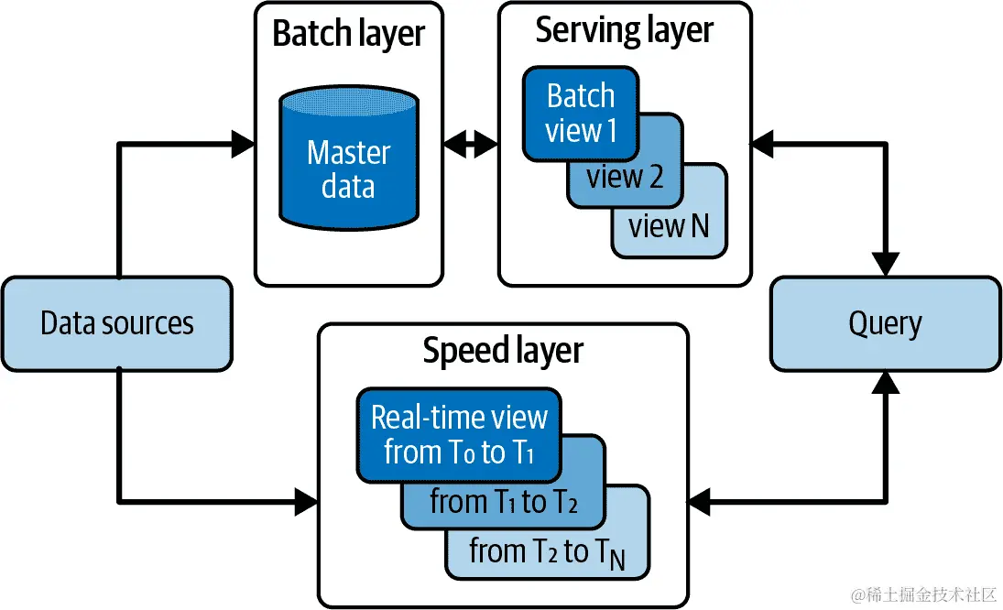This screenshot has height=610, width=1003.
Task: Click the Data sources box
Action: pos(117,323)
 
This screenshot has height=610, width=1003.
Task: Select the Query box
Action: pos(885,323)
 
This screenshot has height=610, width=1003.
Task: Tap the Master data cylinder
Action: pos(348,165)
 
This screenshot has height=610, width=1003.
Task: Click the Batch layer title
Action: pos(348,34)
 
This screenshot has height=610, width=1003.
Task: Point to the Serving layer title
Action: pos(624,30)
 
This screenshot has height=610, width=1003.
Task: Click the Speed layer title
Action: pos(502,351)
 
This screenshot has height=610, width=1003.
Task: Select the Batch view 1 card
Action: pos(580,114)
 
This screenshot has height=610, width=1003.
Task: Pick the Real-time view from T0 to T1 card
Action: pos(458,435)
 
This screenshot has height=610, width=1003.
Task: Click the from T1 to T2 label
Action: pos(504,503)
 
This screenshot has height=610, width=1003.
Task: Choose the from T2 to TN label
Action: pos(548,552)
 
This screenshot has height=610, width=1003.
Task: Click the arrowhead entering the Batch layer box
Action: pos(243,142)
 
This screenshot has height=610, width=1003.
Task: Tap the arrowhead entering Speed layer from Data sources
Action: pos(306,501)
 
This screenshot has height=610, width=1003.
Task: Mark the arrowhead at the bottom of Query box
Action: pos(885,383)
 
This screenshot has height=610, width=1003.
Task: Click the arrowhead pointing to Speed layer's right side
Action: pos(698,501)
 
